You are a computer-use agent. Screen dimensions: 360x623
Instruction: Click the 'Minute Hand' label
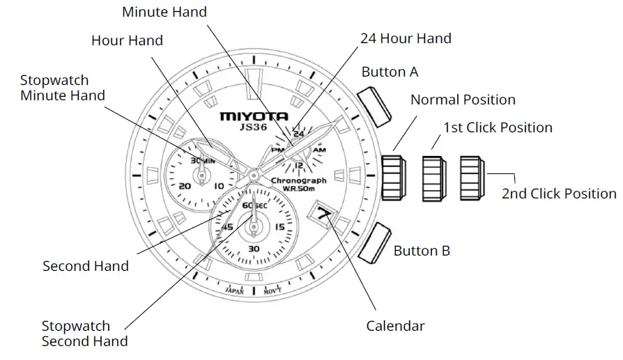click(164, 12)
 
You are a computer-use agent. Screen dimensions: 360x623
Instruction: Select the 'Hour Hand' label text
click(127, 40)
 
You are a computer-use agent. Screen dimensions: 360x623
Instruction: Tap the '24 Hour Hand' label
click(406, 38)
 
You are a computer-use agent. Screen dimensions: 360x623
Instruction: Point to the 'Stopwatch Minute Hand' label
click(63, 88)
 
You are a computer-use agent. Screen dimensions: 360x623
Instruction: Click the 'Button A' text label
click(390, 72)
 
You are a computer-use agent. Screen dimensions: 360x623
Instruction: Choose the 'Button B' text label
click(422, 251)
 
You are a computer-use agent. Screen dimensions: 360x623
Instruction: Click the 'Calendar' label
click(395, 325)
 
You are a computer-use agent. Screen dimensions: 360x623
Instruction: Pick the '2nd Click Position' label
click(559, 194)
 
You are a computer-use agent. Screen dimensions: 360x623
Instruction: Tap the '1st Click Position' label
click(498, 127)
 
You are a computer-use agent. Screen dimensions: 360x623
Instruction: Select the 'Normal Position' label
click(463, 100)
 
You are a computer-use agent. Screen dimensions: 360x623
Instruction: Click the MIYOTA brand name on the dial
click(249, 116)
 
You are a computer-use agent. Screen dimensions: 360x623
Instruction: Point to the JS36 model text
click(249, 127)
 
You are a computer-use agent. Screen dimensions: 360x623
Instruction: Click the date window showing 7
click(323, 214)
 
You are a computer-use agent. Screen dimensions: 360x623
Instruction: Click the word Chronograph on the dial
click(299, 180)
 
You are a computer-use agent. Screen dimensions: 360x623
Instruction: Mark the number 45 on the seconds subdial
click(227, 228)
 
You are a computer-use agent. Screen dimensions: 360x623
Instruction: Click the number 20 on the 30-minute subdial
click(185, 186)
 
